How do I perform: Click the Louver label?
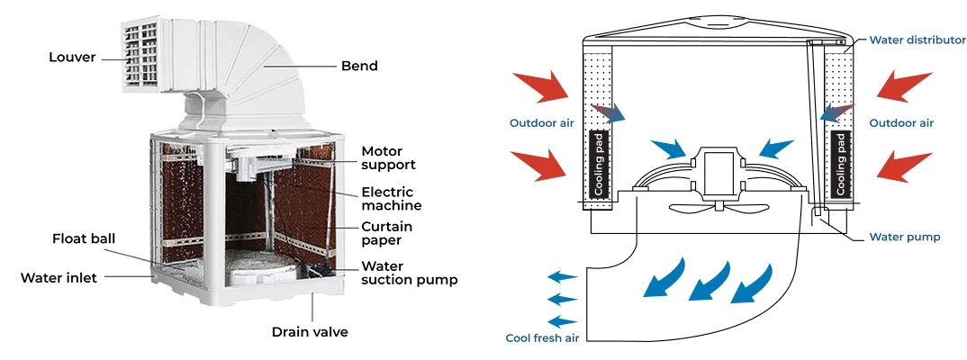72,58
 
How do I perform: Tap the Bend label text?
359,66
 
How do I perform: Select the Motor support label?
388,157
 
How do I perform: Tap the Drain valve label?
310,332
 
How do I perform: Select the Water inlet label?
59,277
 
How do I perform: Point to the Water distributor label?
917,40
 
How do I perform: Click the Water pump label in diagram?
905,238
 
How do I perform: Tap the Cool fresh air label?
541,337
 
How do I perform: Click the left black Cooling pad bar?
599,164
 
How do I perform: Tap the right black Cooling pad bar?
840,164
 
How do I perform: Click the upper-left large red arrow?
542,86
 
